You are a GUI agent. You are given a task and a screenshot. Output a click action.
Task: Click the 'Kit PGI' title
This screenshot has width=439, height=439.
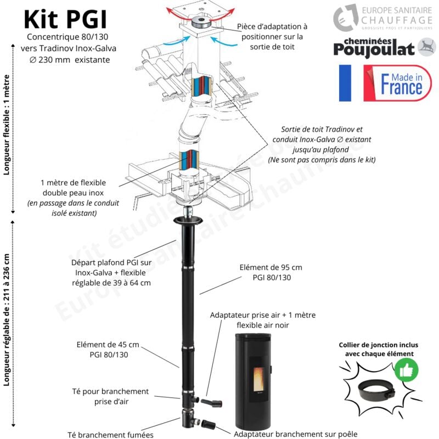coord(65,20)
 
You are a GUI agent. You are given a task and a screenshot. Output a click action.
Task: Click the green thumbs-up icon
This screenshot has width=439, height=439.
coord(406,370)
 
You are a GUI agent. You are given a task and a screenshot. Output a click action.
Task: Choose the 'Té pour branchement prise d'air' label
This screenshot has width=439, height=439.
coord(110,396)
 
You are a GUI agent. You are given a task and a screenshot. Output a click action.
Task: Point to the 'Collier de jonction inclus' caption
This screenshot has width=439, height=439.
coord(378,350)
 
